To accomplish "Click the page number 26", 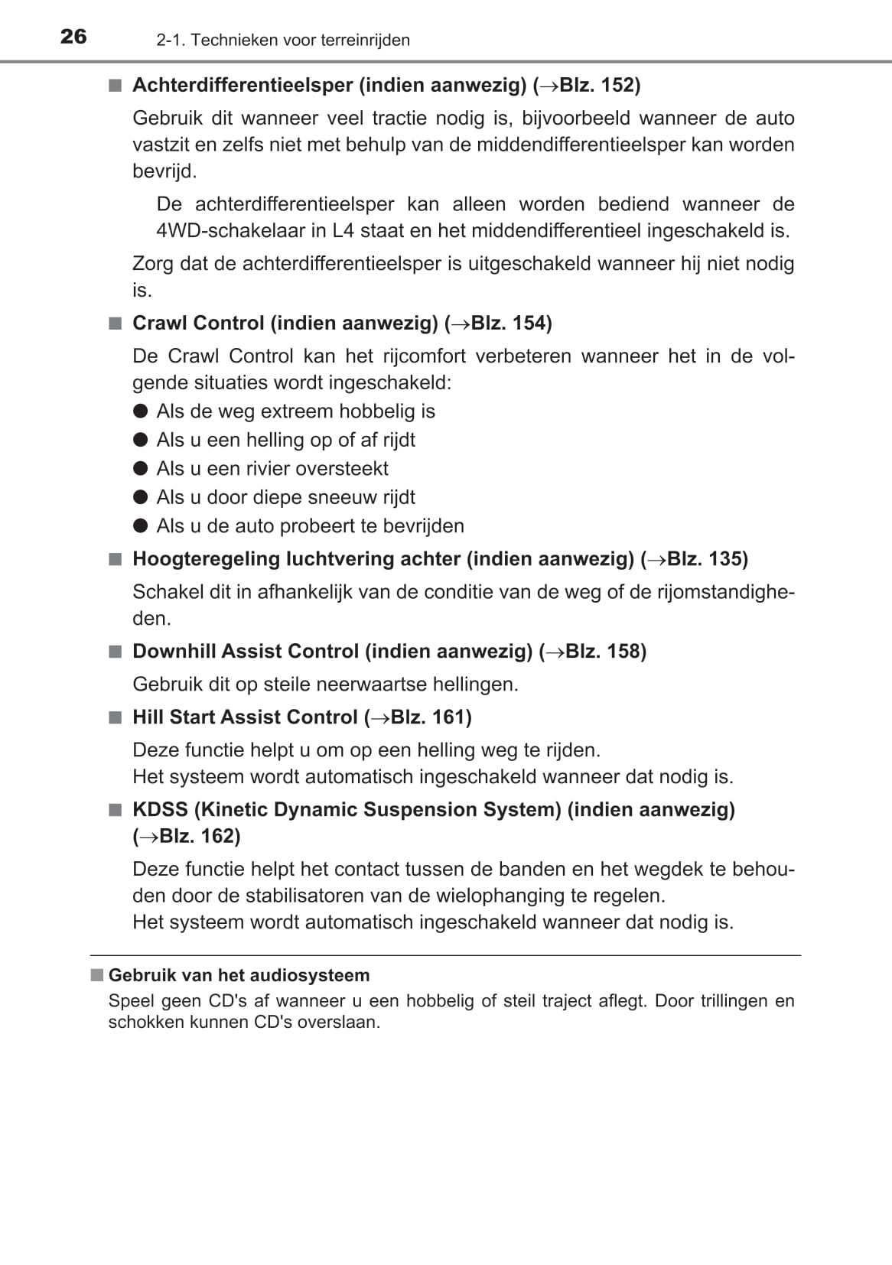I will click(x=73, y=37).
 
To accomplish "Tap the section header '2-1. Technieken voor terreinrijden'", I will click(x=283, y=40).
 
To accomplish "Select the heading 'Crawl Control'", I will click(x=198, y=323).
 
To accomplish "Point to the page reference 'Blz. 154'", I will click(x=508, y=323).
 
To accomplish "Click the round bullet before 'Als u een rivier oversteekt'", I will click(x=140, y=468).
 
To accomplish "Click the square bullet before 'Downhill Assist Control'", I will click(x=115, y=652).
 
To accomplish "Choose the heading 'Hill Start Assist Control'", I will click(x=245, y=717).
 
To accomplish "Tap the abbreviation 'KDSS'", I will click(x=160, y=809).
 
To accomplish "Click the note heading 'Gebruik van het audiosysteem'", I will click(x=239, y=975).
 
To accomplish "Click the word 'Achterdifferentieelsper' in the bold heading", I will click(x=243, y=85).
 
